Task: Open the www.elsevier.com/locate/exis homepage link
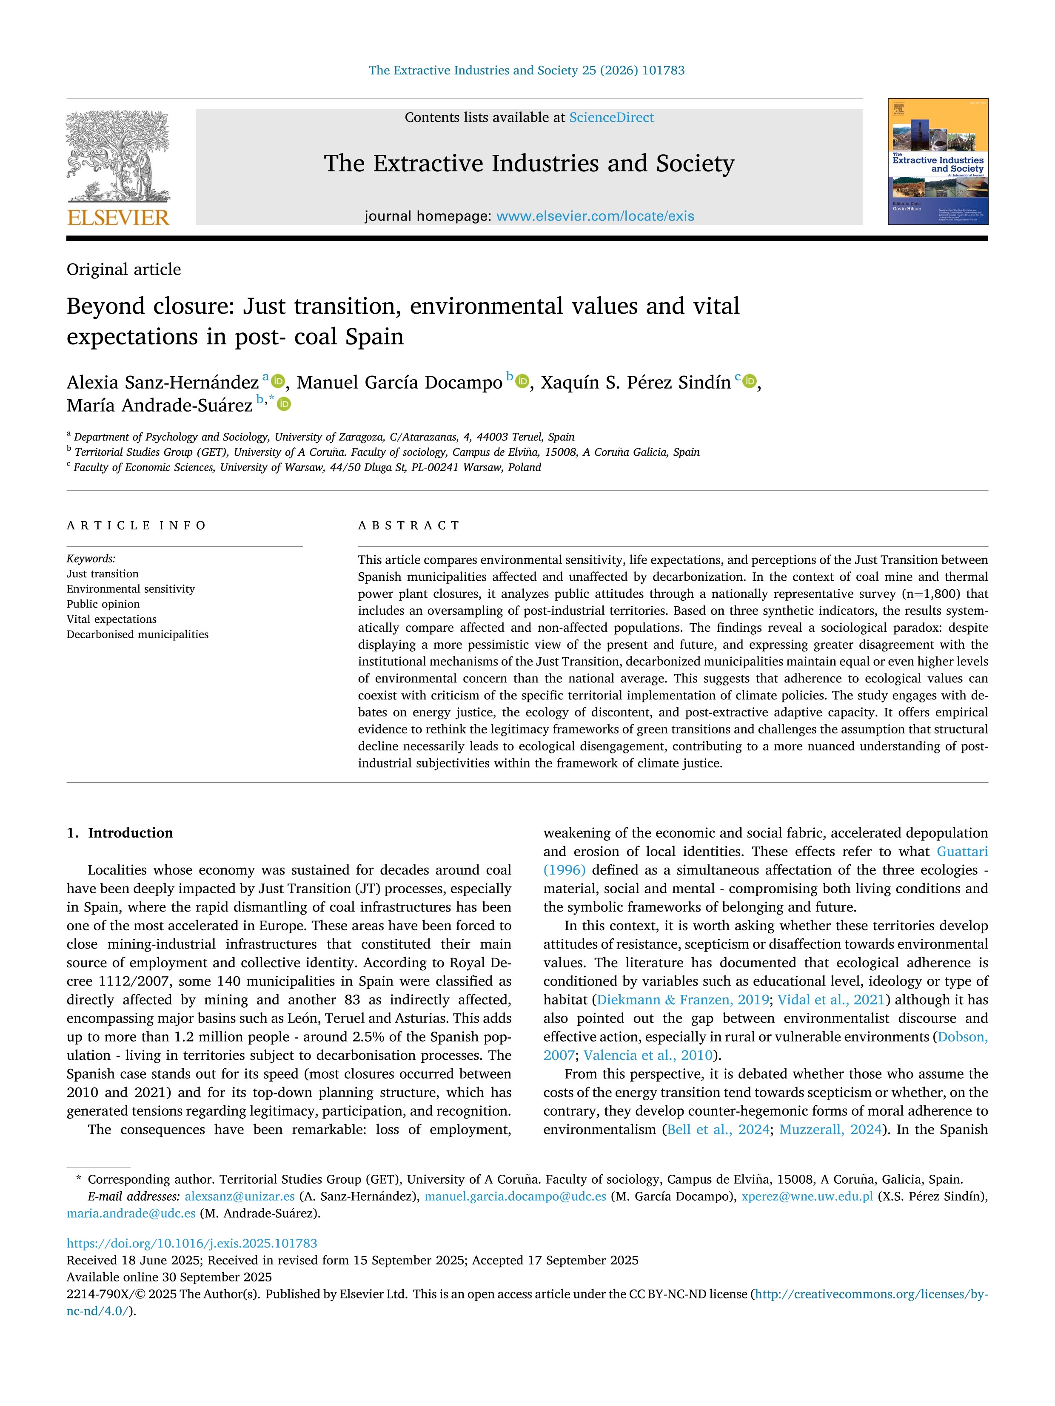[595, 216]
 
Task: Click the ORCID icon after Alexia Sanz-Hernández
[278, 381]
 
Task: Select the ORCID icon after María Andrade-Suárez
[284, 404]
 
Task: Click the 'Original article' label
[123, 270]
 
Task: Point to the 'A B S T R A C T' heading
[408, 525]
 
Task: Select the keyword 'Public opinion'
[103, 604]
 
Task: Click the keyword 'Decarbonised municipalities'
[137, 634]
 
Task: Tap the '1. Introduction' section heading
[120, 832]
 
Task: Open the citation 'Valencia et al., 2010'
[648, 1055]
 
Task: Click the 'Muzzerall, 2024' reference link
[830, 1130]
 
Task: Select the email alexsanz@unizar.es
[240, 1196]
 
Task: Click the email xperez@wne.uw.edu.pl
[807, 1196]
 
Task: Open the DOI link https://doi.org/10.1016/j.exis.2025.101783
[191, 1243]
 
